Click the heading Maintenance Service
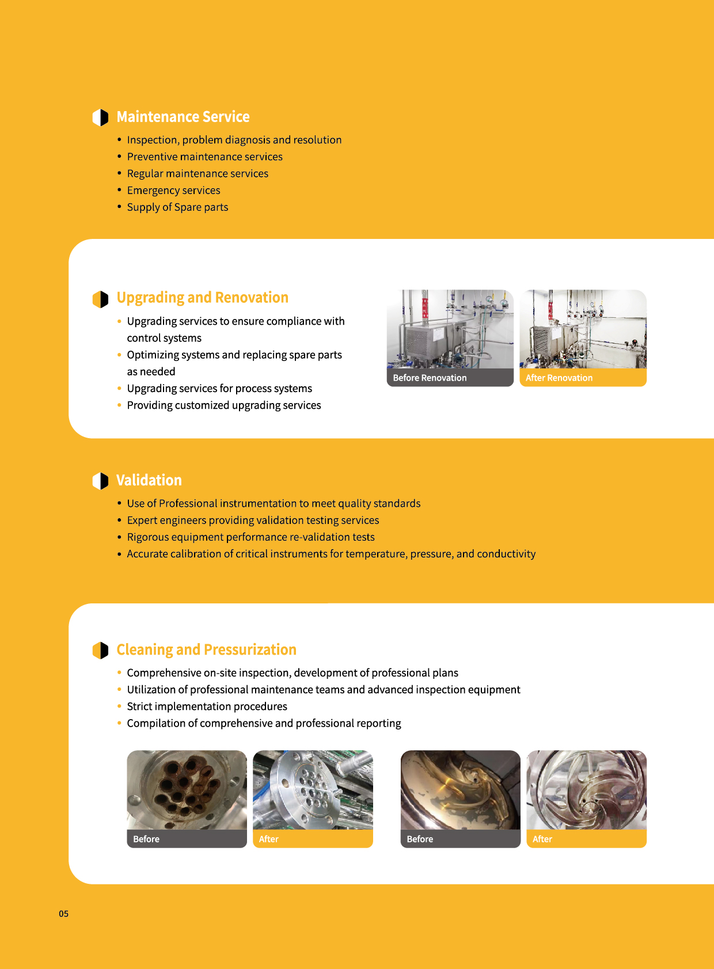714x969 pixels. click(x=183, y=117)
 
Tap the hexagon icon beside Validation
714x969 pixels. click(x=100, y=481)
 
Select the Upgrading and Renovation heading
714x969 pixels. click(x=202, y=298)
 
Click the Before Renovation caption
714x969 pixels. click(x=430, y=378)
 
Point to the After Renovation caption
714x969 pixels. click(x=559, y=378)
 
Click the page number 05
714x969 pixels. click(x=63, y=914)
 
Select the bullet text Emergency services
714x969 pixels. click(x=173, y=191)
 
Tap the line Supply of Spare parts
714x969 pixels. click(x=177, y=207)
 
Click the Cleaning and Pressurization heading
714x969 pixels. click(x=206, y=650)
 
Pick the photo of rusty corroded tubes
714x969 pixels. click(x=187, y=790)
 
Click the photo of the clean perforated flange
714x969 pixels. click(x=313, y=790)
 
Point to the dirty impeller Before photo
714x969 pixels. click(x=460, y=790)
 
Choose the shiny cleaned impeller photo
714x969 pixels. click(x=586, y=790)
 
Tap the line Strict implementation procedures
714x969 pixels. click(x=207, y=706)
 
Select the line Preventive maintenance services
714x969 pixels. click(x=204, y=157)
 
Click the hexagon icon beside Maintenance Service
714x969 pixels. click(x=100, y=117)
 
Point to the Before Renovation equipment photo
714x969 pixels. click(x=450, y=329)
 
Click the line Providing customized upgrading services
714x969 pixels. click(x=224, y=405)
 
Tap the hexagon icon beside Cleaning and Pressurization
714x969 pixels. click(x=100, y=651)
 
